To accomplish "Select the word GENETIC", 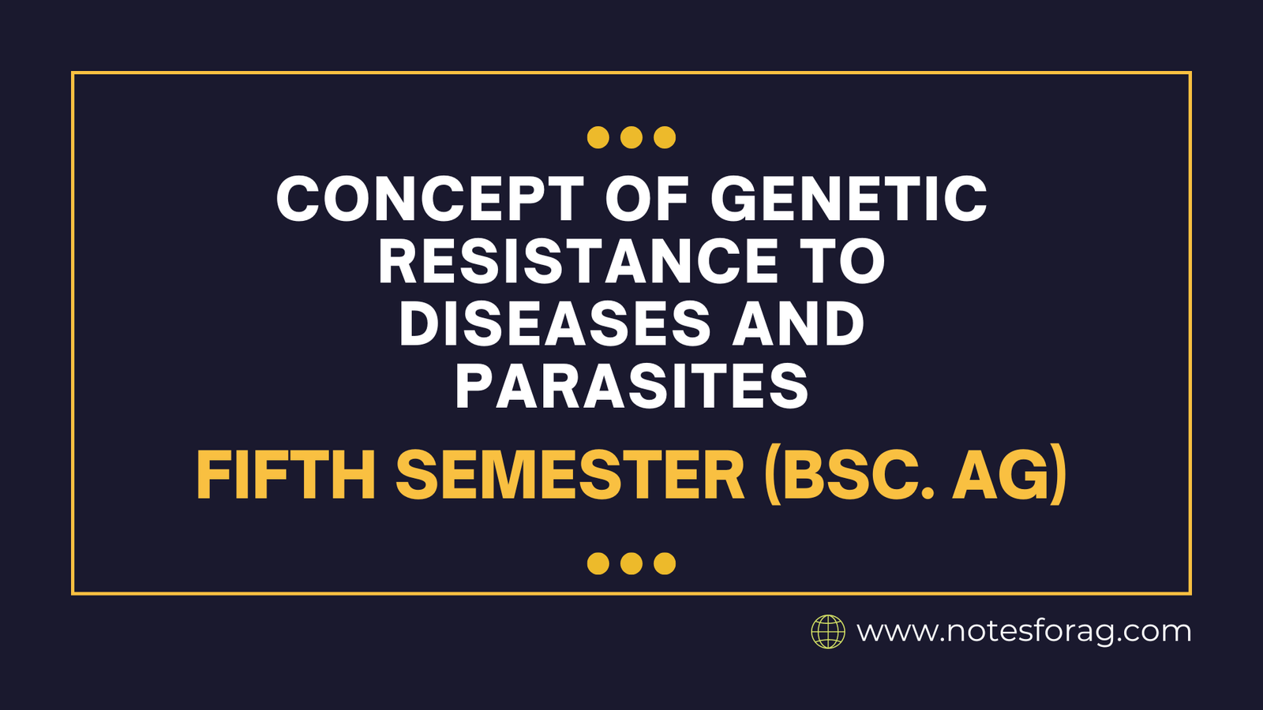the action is pos(849,198).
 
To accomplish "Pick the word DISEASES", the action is pos(555,323).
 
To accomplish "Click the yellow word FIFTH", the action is pos(286,474).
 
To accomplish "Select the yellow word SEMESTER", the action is pos(570,474).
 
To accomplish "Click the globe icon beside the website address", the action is pos(828,632).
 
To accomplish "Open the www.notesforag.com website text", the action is pos(1024,632).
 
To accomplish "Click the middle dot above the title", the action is pos(631,137).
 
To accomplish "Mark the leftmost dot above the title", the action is pos(598,137).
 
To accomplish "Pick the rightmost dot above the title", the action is pos(665,137).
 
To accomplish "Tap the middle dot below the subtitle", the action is pos(631,563).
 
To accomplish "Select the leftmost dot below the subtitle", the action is pos(598,563).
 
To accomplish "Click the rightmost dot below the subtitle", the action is pos(665,563).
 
